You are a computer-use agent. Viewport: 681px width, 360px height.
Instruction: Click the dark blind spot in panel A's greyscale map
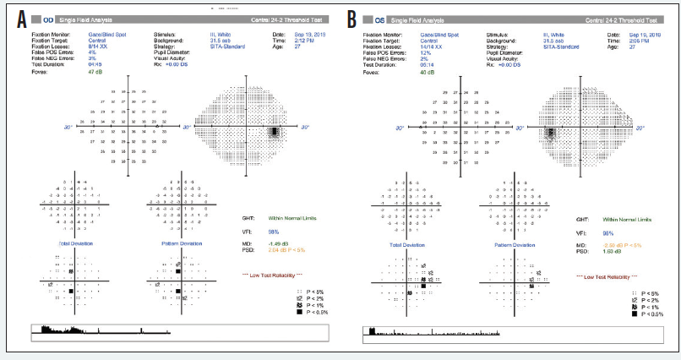coord(275,133)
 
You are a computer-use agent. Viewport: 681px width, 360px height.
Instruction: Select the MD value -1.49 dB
coord(264,244)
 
